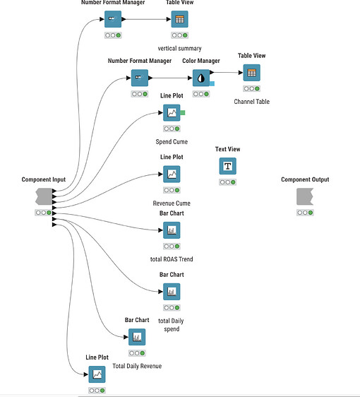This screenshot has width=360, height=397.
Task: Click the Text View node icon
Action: (227, 166)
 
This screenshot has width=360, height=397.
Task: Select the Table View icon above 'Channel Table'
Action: (251, 73)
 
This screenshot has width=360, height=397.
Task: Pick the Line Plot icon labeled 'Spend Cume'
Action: (172, 112)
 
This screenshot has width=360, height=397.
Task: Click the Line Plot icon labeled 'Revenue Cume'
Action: (172, 174)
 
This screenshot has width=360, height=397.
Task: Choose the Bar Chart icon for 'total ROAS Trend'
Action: (172, 230)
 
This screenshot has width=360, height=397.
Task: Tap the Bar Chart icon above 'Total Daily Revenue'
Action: (137, 337)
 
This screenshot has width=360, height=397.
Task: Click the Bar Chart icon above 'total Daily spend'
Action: (172, 291)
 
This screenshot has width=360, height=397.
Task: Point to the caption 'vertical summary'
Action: (180, 48)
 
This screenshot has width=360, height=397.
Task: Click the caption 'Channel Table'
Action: (252, 102)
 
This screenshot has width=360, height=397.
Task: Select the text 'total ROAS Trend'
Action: (172, 259)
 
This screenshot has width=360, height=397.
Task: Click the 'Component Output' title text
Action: (305, 179)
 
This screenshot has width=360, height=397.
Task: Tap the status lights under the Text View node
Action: (227, 182)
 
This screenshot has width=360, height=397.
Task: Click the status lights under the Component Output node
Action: (305, 212)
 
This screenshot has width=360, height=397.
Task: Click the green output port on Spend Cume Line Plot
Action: (183, 112)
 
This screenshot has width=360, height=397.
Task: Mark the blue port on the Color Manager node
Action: (211, 84)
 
